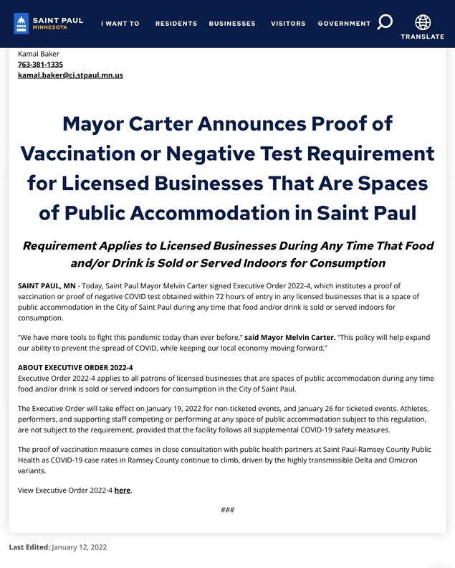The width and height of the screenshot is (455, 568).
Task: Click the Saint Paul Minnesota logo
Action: point(48,23)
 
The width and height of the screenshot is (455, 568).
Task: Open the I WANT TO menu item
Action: point(120,24)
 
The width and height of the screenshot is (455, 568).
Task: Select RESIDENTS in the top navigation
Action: point(176,24)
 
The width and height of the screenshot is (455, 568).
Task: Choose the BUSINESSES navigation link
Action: point(232,24)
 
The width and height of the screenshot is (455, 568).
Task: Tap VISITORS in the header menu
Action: point(288,24)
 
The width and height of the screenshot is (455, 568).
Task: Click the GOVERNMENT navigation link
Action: point(344,24)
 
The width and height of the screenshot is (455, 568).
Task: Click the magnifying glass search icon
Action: point(385,22)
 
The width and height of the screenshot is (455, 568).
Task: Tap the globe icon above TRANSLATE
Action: point(423,22)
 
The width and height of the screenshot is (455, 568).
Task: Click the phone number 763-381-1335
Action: point(40,65)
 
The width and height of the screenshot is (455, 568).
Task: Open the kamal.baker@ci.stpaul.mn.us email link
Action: point(70,75)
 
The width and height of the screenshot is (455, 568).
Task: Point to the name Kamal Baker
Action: point(39,54)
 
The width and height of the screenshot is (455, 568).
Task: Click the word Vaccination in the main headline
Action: point(77,153)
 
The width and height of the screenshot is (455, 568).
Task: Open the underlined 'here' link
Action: point(122,491)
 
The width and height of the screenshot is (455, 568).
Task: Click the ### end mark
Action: point(227,510)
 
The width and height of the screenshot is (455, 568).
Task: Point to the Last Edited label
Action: point(29,547)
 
